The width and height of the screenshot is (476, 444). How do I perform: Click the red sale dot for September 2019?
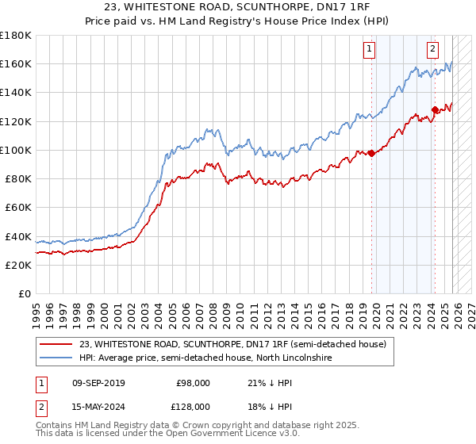(371, 153)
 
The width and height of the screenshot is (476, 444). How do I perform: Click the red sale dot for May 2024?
(435, 109)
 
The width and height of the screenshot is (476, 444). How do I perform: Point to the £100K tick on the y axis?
(16, 150)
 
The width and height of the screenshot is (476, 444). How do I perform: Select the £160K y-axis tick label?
(16, 63)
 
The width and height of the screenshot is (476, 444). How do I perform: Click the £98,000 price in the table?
(194, 383)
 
